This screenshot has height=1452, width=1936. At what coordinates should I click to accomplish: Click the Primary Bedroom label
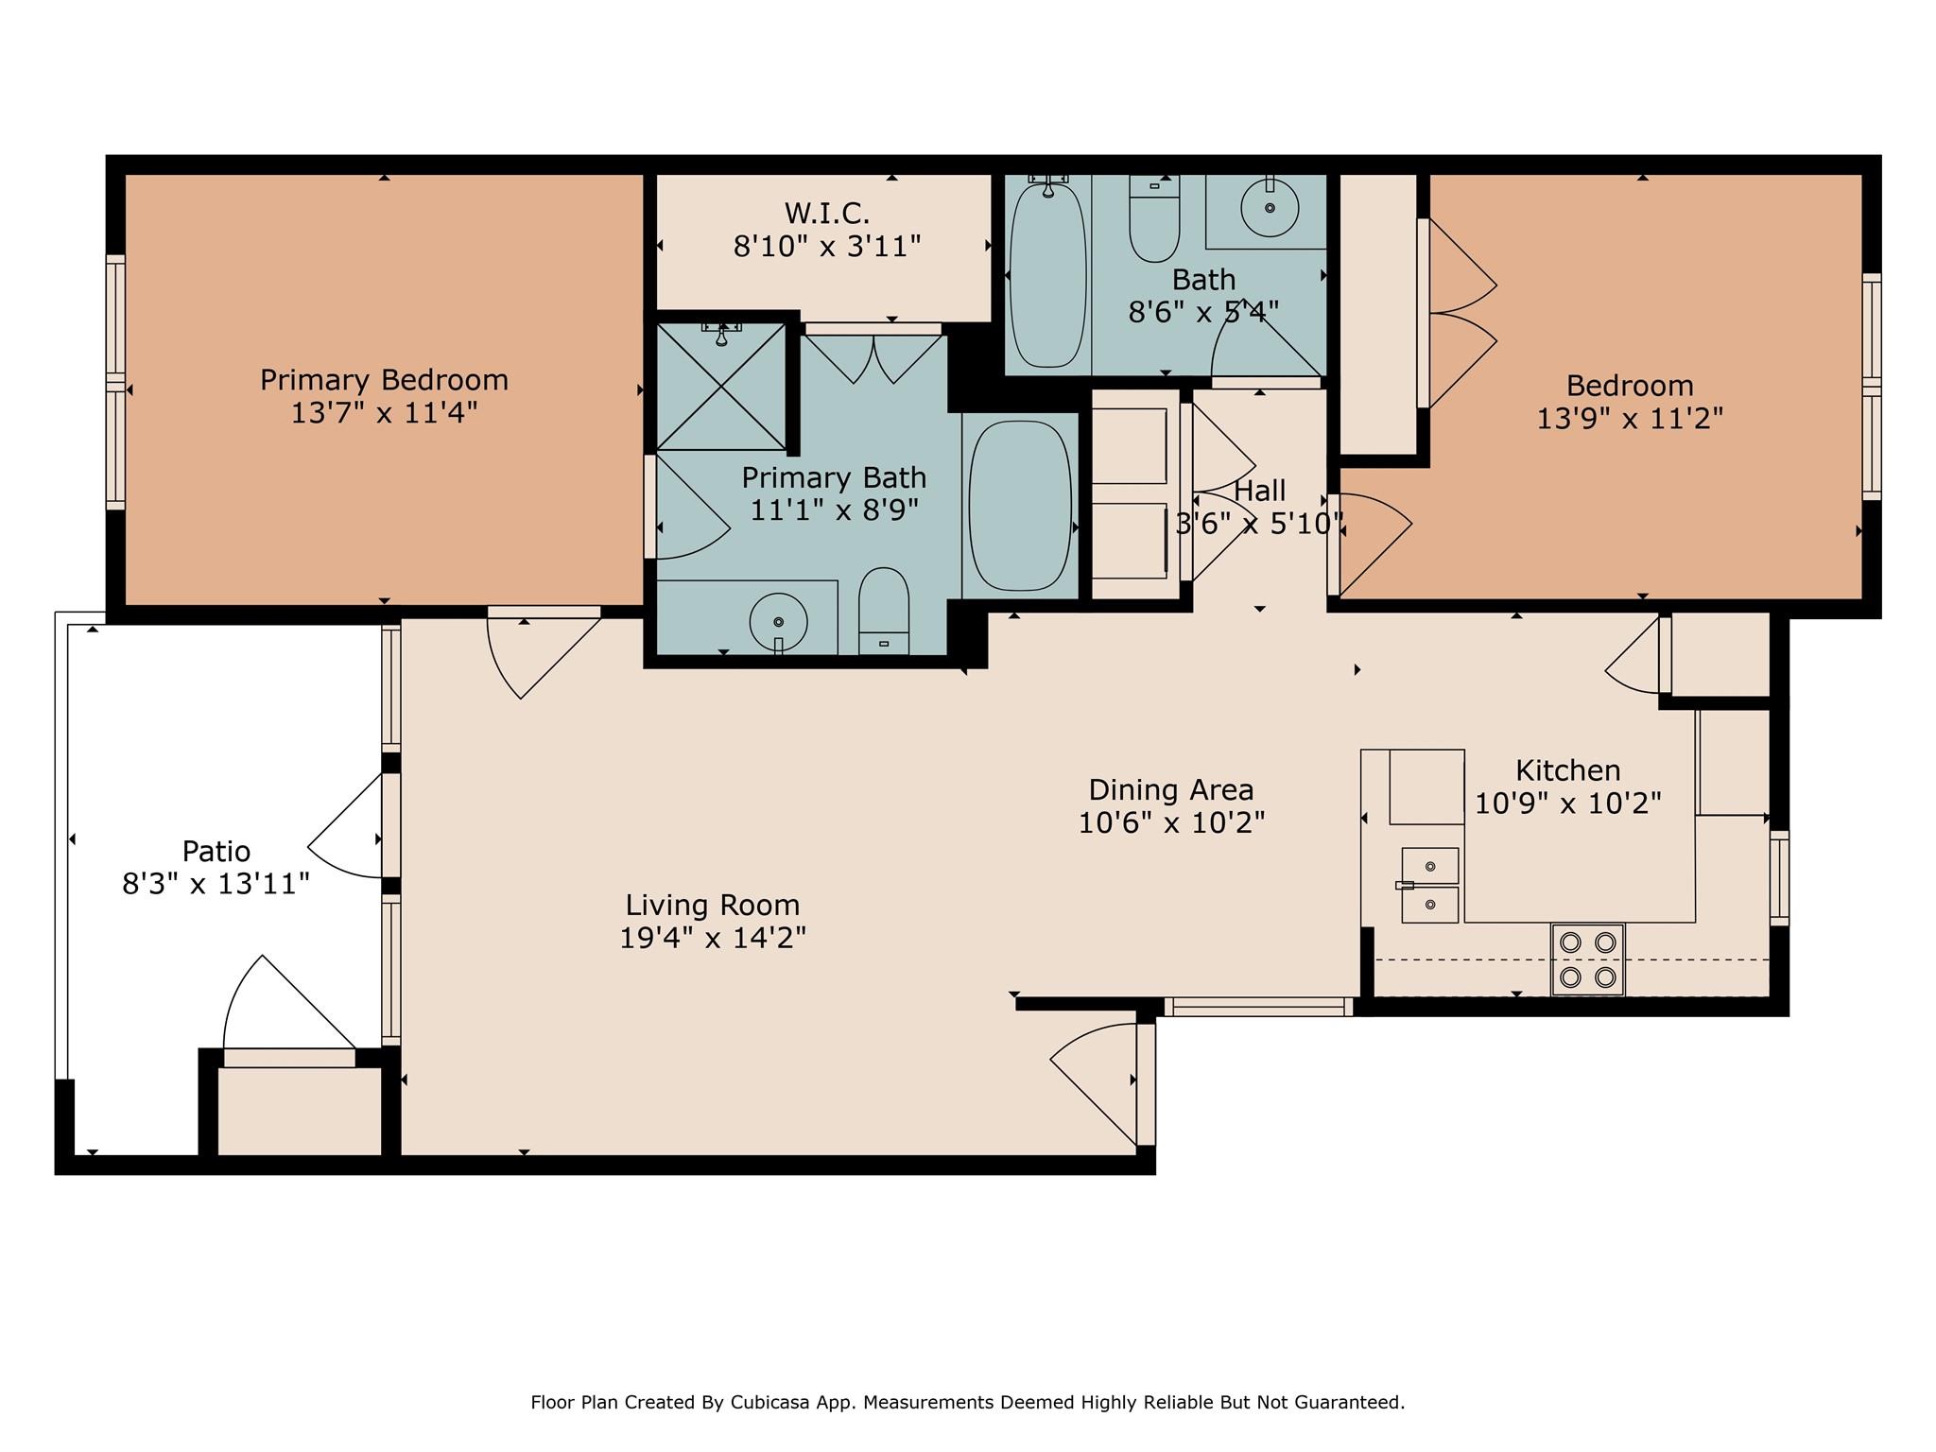tap(384, 380)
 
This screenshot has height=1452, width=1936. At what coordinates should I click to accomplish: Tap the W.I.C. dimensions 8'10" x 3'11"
tap(826, 247)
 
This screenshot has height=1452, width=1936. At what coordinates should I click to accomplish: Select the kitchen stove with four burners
tap(1587, 959)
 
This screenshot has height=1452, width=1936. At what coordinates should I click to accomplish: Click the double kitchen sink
tap(1429, 885)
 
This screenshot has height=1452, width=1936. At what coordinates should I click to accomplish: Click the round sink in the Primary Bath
tap(778, 621)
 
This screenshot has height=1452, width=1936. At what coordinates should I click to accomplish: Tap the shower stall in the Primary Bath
tap(721, 386)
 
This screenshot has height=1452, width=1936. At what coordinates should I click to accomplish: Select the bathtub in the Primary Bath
tap(1020, 505)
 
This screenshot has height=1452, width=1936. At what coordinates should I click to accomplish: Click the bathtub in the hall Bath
tap(1047, 274)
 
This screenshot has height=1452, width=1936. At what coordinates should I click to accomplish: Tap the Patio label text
tap(216, 851)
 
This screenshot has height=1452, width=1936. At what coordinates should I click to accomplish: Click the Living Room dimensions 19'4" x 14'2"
tap(713, 938)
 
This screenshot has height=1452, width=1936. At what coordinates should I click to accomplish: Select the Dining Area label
tap(1170, 789)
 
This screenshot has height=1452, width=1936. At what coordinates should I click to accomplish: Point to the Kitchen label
tap(1567, 769)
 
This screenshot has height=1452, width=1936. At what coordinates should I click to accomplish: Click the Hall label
tap(1259, 491)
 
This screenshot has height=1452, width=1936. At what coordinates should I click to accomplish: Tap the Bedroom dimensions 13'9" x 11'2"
tap(1629, 419)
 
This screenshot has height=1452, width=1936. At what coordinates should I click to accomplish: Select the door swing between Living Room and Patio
tap(346, 827)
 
